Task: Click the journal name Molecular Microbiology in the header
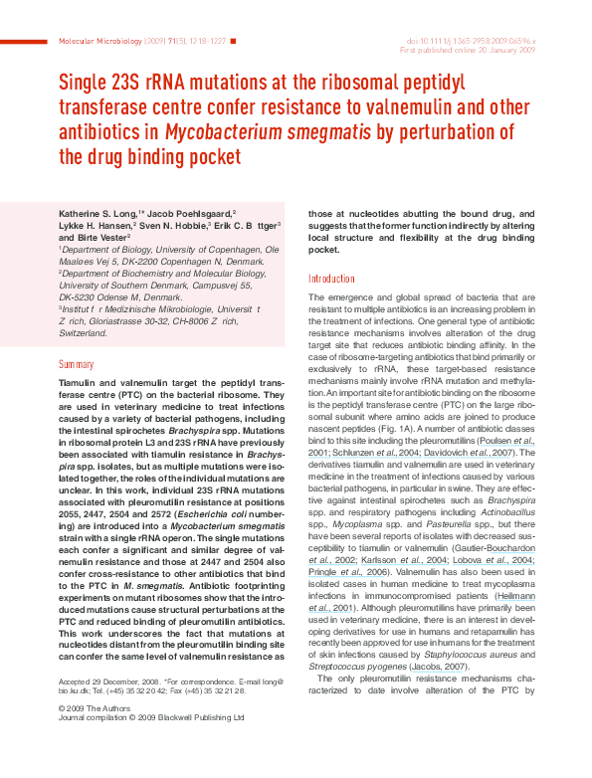pos(100,42)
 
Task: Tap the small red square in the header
pos(234,42)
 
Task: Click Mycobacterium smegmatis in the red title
pos(252,132)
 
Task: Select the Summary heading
pos(77,365)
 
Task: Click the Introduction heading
pos(331,280)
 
